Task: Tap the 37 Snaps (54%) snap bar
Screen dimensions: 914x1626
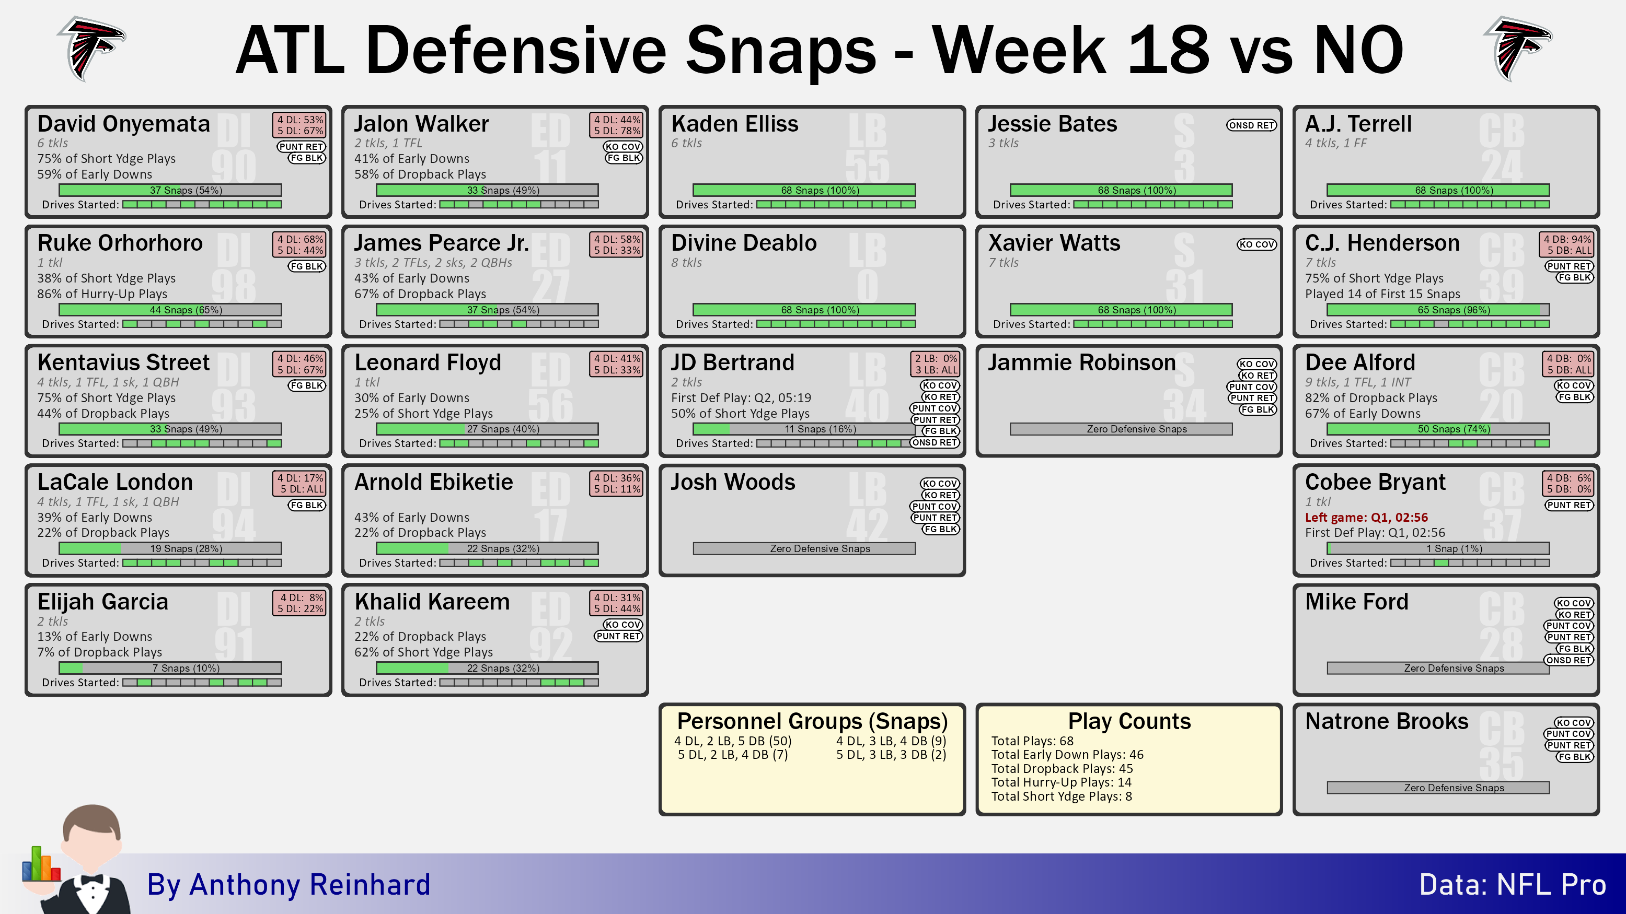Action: tap(170, 190)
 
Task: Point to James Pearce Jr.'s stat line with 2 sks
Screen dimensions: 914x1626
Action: tap(433, 262)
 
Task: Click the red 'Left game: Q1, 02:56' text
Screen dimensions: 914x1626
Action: tap(1366, 517)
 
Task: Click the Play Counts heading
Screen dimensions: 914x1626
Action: tap(1128, 720)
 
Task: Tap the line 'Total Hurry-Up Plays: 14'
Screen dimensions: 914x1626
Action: tap(1060, 782)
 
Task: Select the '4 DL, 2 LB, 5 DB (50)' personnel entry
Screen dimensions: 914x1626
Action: tap(732, 741)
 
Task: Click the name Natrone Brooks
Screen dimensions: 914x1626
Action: tap(1386, 720)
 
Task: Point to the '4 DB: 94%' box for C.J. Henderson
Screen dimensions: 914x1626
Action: tap(1568, 239)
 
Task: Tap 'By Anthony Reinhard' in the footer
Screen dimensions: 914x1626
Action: tap(289, 884)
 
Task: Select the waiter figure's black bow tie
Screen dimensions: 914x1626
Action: tap(92, 880)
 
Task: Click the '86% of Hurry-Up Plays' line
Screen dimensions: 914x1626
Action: tap(102, 294)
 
